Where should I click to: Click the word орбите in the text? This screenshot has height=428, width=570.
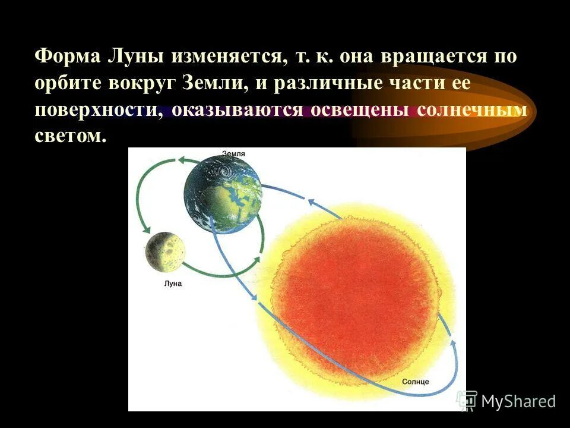[67, 84]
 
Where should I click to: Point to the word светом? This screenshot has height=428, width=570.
[70, 137]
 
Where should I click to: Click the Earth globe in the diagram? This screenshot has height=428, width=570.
[223, 193]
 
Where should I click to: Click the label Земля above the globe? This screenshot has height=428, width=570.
[233, 154]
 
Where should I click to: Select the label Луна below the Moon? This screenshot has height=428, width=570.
[172, 284]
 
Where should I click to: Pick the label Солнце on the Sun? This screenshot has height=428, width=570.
[415, 381]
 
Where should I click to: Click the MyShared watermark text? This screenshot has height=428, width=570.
[518, 401]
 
